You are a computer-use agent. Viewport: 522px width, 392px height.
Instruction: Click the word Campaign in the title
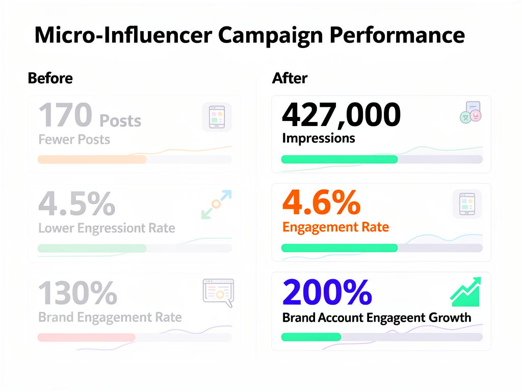pos(270,36)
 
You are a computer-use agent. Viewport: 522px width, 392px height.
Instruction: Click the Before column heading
pos(50,78)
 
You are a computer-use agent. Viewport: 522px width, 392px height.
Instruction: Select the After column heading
pos(290,78)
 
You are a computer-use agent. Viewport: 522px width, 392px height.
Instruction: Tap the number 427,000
pos(341,115)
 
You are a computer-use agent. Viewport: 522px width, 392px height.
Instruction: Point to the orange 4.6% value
pos(321,203)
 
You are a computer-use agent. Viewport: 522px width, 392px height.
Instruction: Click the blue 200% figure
pos(327,293)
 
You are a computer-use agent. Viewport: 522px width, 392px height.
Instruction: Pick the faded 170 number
pos(65,115)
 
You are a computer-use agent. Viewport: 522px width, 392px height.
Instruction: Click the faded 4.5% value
pos(76,204)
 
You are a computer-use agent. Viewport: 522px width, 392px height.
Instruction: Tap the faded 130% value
pos(77,293)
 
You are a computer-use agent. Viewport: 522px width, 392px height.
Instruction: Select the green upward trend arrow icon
pos(465,292)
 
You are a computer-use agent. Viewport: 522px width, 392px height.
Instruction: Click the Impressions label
pos(318,138)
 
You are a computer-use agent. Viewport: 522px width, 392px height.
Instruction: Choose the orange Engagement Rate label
pos(335,227)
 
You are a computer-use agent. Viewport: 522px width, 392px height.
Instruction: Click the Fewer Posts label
pos(74,139)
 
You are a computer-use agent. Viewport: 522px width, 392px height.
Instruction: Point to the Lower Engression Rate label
pos(107,228)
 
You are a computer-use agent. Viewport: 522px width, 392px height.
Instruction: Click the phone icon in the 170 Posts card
pos(217,117)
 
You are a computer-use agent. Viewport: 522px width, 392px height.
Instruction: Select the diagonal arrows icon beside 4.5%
pos(216,205)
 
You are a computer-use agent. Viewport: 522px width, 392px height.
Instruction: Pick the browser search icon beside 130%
pos(218,292)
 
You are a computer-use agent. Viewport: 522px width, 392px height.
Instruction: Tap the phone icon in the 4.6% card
pos(467,205)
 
